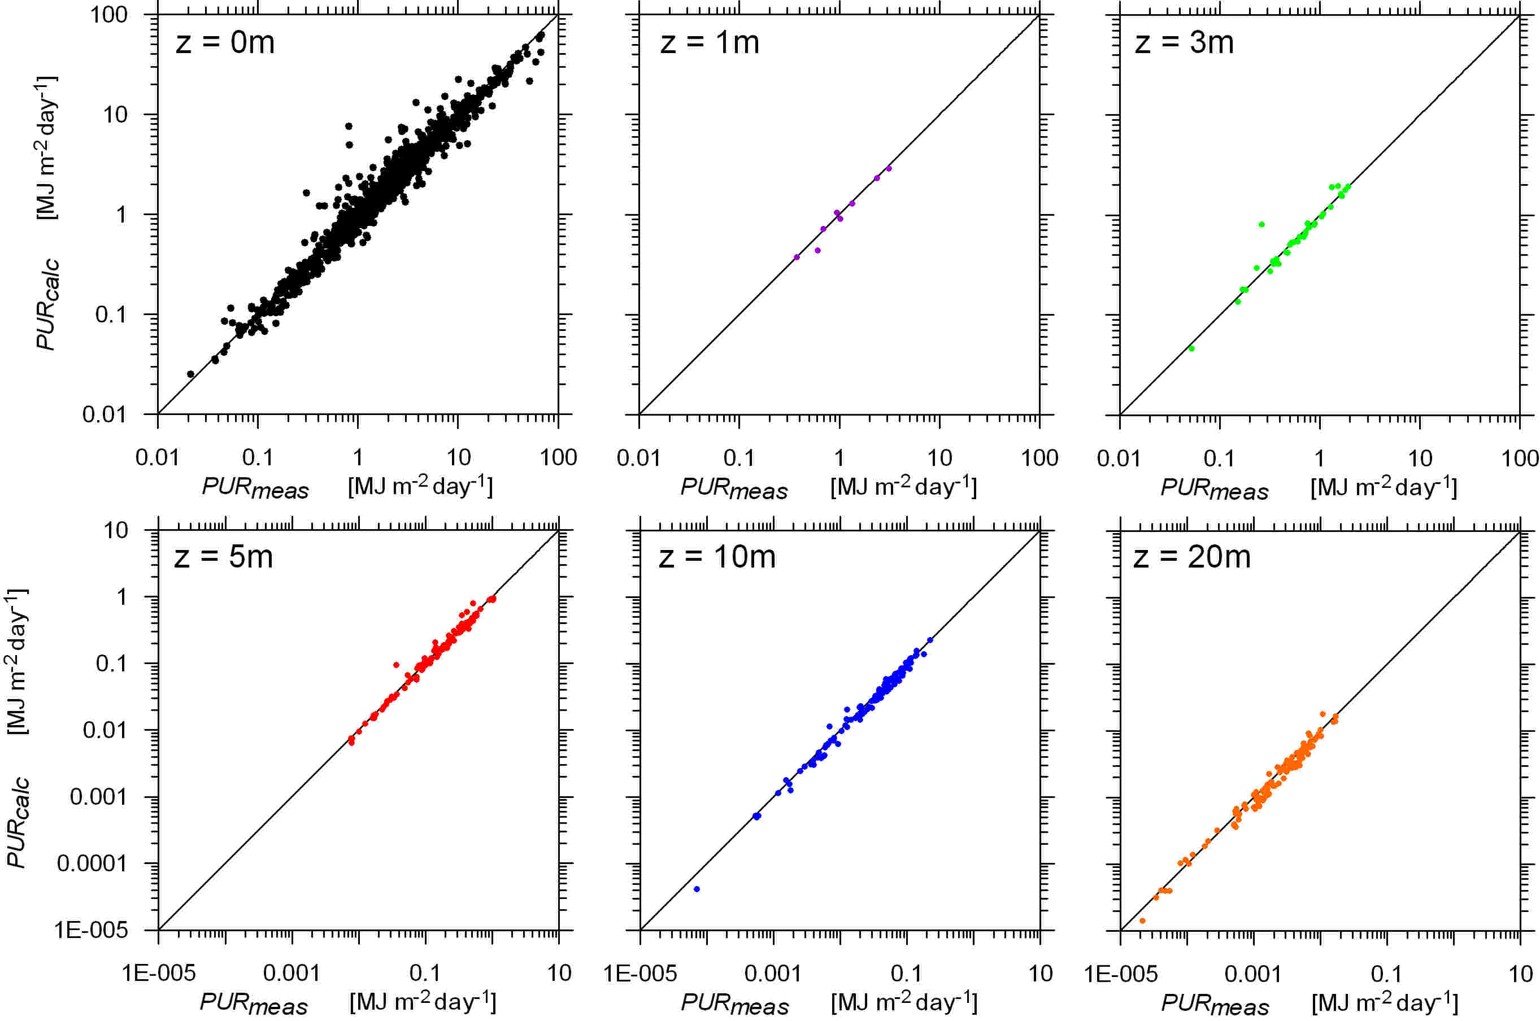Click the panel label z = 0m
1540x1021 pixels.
click(x=225, y=43)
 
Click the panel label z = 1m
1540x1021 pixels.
click(x=710, y=43)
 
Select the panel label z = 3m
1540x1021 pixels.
click(x=1184, y=43)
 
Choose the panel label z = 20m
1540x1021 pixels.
click(x=1191, y=557)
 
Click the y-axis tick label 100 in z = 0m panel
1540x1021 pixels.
click(x=109, y=14)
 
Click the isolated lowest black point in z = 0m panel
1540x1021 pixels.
click(x=190, y=374)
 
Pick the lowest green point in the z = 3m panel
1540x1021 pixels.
click(x=1191, y=348)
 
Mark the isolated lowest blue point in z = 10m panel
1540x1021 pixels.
click(x=697, y=889)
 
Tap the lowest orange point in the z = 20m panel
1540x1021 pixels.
click(x=1142, y=920)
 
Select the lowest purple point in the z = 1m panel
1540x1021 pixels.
click(x=796, y=257)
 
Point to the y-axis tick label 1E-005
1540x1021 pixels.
click(x=90, y=930)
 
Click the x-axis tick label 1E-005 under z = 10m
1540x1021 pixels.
click(x=640, y=974)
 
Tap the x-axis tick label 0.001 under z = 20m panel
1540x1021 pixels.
click(x=1252, y=974)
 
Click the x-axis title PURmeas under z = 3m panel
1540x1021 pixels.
click(x=1214, y=490)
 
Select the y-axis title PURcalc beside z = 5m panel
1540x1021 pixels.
click(x=18, y=822)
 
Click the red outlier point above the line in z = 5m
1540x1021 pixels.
click(x=396, y=665)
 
